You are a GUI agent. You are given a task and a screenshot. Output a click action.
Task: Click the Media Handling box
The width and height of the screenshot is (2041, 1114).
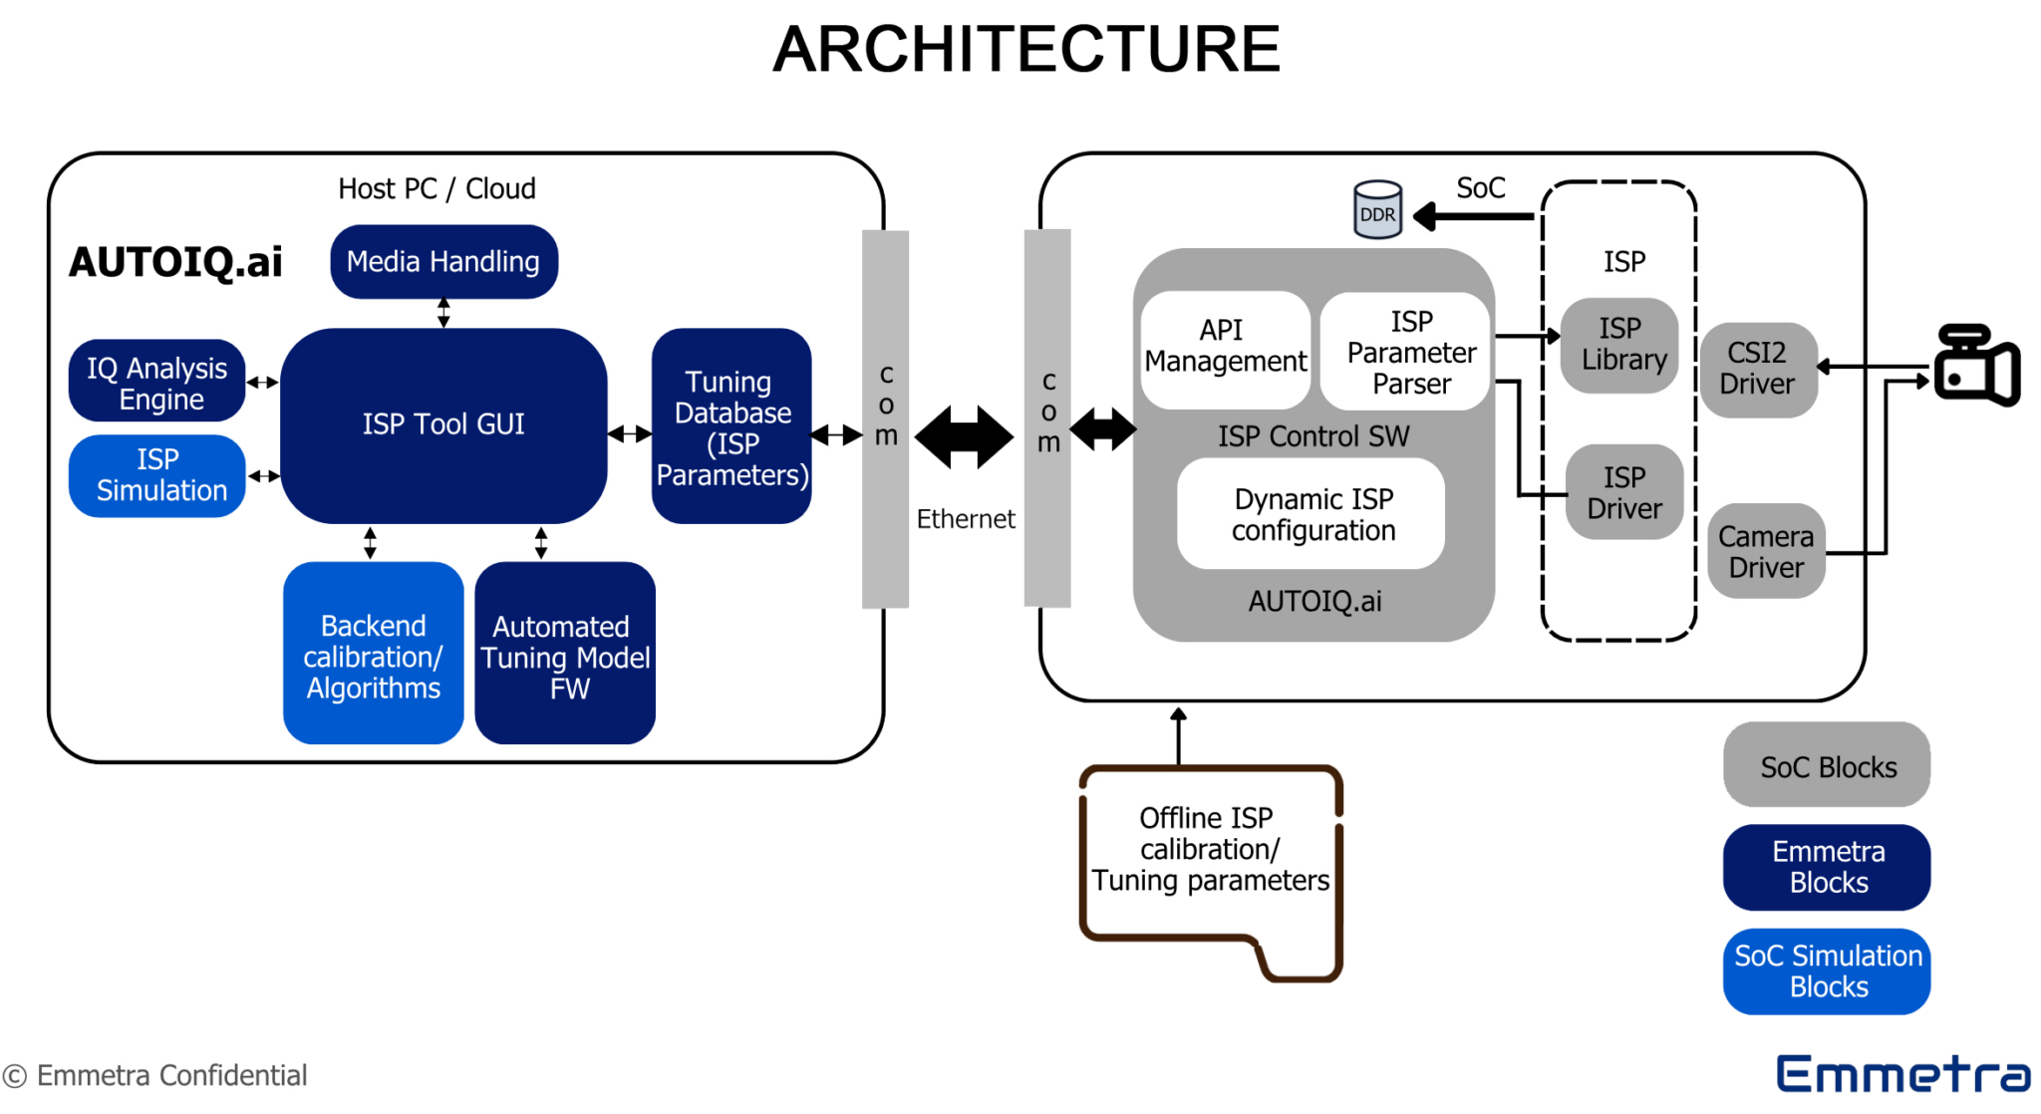click(x=443, y=261)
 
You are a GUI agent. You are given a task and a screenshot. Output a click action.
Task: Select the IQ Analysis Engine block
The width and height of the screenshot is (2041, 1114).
click(x=157, y=383)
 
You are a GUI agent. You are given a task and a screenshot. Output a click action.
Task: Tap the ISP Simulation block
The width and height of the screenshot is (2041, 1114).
click(x=157, y=475)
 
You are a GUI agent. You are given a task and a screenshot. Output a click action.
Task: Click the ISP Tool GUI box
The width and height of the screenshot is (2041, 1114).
click(x=443, y=424)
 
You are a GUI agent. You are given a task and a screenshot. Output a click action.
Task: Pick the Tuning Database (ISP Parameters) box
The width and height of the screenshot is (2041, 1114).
click(x=731, y=426)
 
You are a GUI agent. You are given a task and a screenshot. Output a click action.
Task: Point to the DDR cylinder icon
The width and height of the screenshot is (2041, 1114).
click(x=1377, y=210)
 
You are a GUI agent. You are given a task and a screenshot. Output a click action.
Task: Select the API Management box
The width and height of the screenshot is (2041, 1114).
click(x=1225, y=348)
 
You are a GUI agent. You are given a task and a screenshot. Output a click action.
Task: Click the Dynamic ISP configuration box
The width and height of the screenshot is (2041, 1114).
click(x=1312, y=514)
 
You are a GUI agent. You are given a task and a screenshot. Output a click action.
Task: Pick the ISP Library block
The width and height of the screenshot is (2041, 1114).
click(x=1621, y=345)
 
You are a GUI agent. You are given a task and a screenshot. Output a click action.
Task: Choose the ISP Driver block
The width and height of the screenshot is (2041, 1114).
click(x=1624, y=492)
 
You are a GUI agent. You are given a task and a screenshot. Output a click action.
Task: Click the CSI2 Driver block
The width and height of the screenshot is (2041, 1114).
click(x=1758, y=369)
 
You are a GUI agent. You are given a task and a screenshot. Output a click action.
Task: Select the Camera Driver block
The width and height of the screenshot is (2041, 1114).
click(x=1766, y=551)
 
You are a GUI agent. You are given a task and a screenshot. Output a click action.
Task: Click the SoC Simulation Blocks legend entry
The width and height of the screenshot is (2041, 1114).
click(x=1827, y=972)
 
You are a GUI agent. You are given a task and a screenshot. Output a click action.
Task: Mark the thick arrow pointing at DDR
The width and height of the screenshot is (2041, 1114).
click(x=1473, y=215)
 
